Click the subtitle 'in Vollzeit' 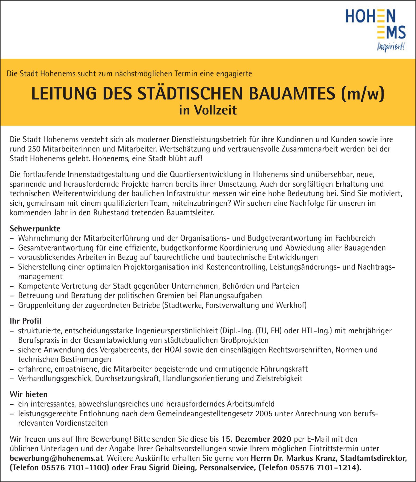(208, 110)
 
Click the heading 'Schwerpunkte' (35, 229)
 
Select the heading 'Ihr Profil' (26, 321)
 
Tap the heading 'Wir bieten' (29, 394)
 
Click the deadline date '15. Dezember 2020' (256, 439)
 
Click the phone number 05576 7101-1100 (74, 468)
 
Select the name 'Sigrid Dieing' (172, 468)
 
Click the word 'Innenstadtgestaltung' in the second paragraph (104, 175)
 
